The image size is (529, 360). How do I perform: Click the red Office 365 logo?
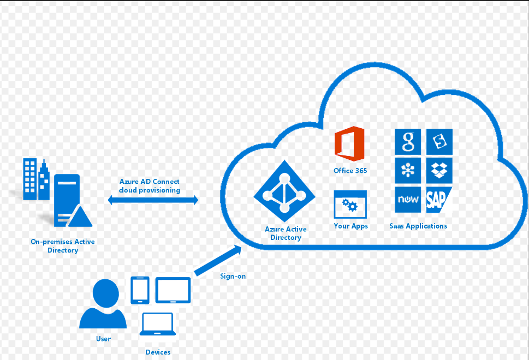click(349, 144)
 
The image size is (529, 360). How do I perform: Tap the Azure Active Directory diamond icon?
click(284, 191)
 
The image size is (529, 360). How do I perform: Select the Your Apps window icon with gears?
click(350, 204)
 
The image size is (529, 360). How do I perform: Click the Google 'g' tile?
click(408, 142)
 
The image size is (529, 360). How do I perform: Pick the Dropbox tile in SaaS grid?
click(439, 171)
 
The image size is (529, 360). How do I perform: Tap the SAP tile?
click(438, 200)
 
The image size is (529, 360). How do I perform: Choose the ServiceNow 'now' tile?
click(408, 200)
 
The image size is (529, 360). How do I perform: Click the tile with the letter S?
click(439, 142)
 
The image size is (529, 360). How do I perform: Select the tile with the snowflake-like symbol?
click(408, 171)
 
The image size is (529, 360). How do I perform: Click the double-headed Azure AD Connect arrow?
click(153, 200)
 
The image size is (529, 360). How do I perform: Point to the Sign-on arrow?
click(218, 261)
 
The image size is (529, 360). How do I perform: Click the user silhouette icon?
click(103, 304)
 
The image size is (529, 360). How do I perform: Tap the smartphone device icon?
click(140, 290)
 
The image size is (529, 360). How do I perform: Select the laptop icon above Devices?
click(158, 324)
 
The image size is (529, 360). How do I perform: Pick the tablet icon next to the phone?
click(173, 290)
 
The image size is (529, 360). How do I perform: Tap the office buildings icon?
click(36, 179)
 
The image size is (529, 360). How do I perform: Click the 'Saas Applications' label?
click(418, 226)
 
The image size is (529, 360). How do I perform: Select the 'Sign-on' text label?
click(233, 276)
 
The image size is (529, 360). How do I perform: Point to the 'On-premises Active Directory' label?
click(63, 246)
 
